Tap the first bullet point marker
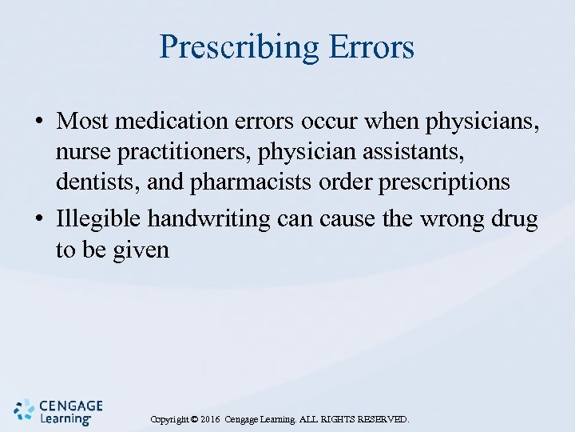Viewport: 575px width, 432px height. [x=38, y=122]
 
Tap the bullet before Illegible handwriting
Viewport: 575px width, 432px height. [x=38, y=218]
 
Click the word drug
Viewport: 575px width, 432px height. [x=518, y=218]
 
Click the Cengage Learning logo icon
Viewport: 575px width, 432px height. [x=24, y=409]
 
